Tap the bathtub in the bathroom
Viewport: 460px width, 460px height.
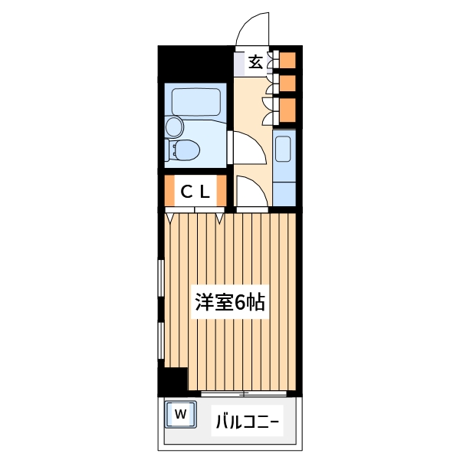coord(196,101)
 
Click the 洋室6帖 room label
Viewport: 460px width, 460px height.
coord(229,302)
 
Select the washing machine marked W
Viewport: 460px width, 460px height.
coord(181,415)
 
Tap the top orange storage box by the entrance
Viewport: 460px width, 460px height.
coord(287,59)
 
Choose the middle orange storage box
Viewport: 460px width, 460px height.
coord(287,82)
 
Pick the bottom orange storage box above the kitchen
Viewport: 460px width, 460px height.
coord(287,110)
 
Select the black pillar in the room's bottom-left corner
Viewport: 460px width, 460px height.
coord(174,379)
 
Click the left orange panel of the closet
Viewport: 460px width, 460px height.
coord(170,192)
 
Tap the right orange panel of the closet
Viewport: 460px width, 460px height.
coord(222,192)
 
